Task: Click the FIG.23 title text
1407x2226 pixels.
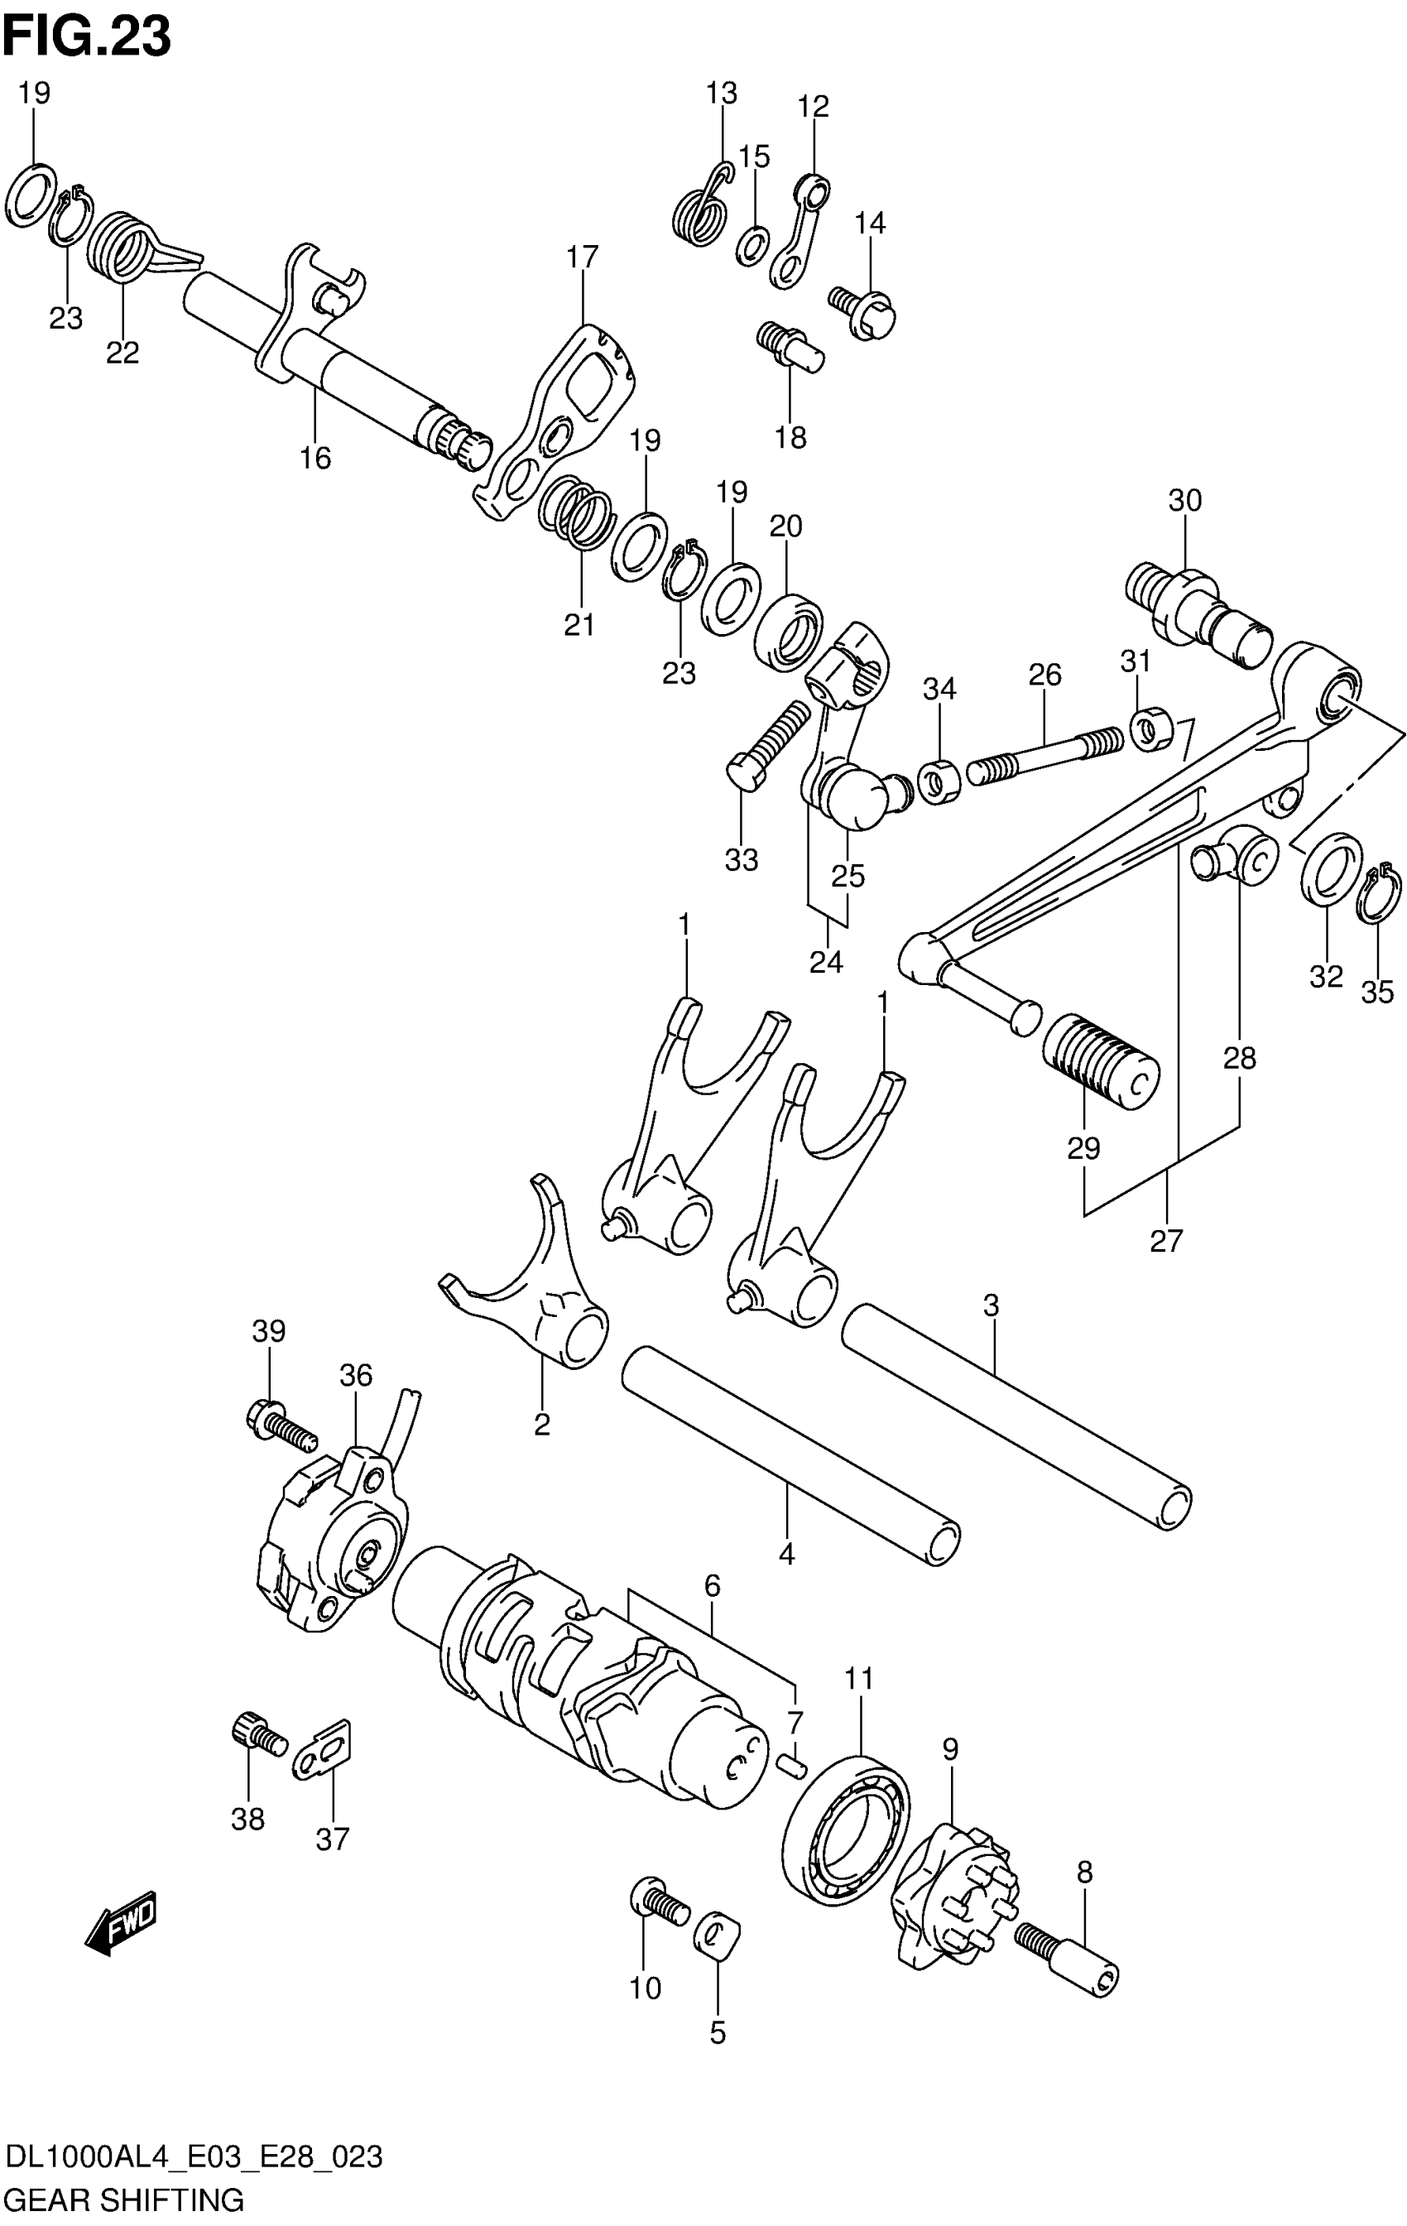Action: [x=87, y=37]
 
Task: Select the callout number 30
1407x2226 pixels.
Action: [x=1184, y=501]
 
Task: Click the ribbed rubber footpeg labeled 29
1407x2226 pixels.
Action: [x=1100, y=1062]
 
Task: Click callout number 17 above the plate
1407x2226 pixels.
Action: [x=583, y=256]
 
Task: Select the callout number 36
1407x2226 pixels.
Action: [x=355, y=1376]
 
